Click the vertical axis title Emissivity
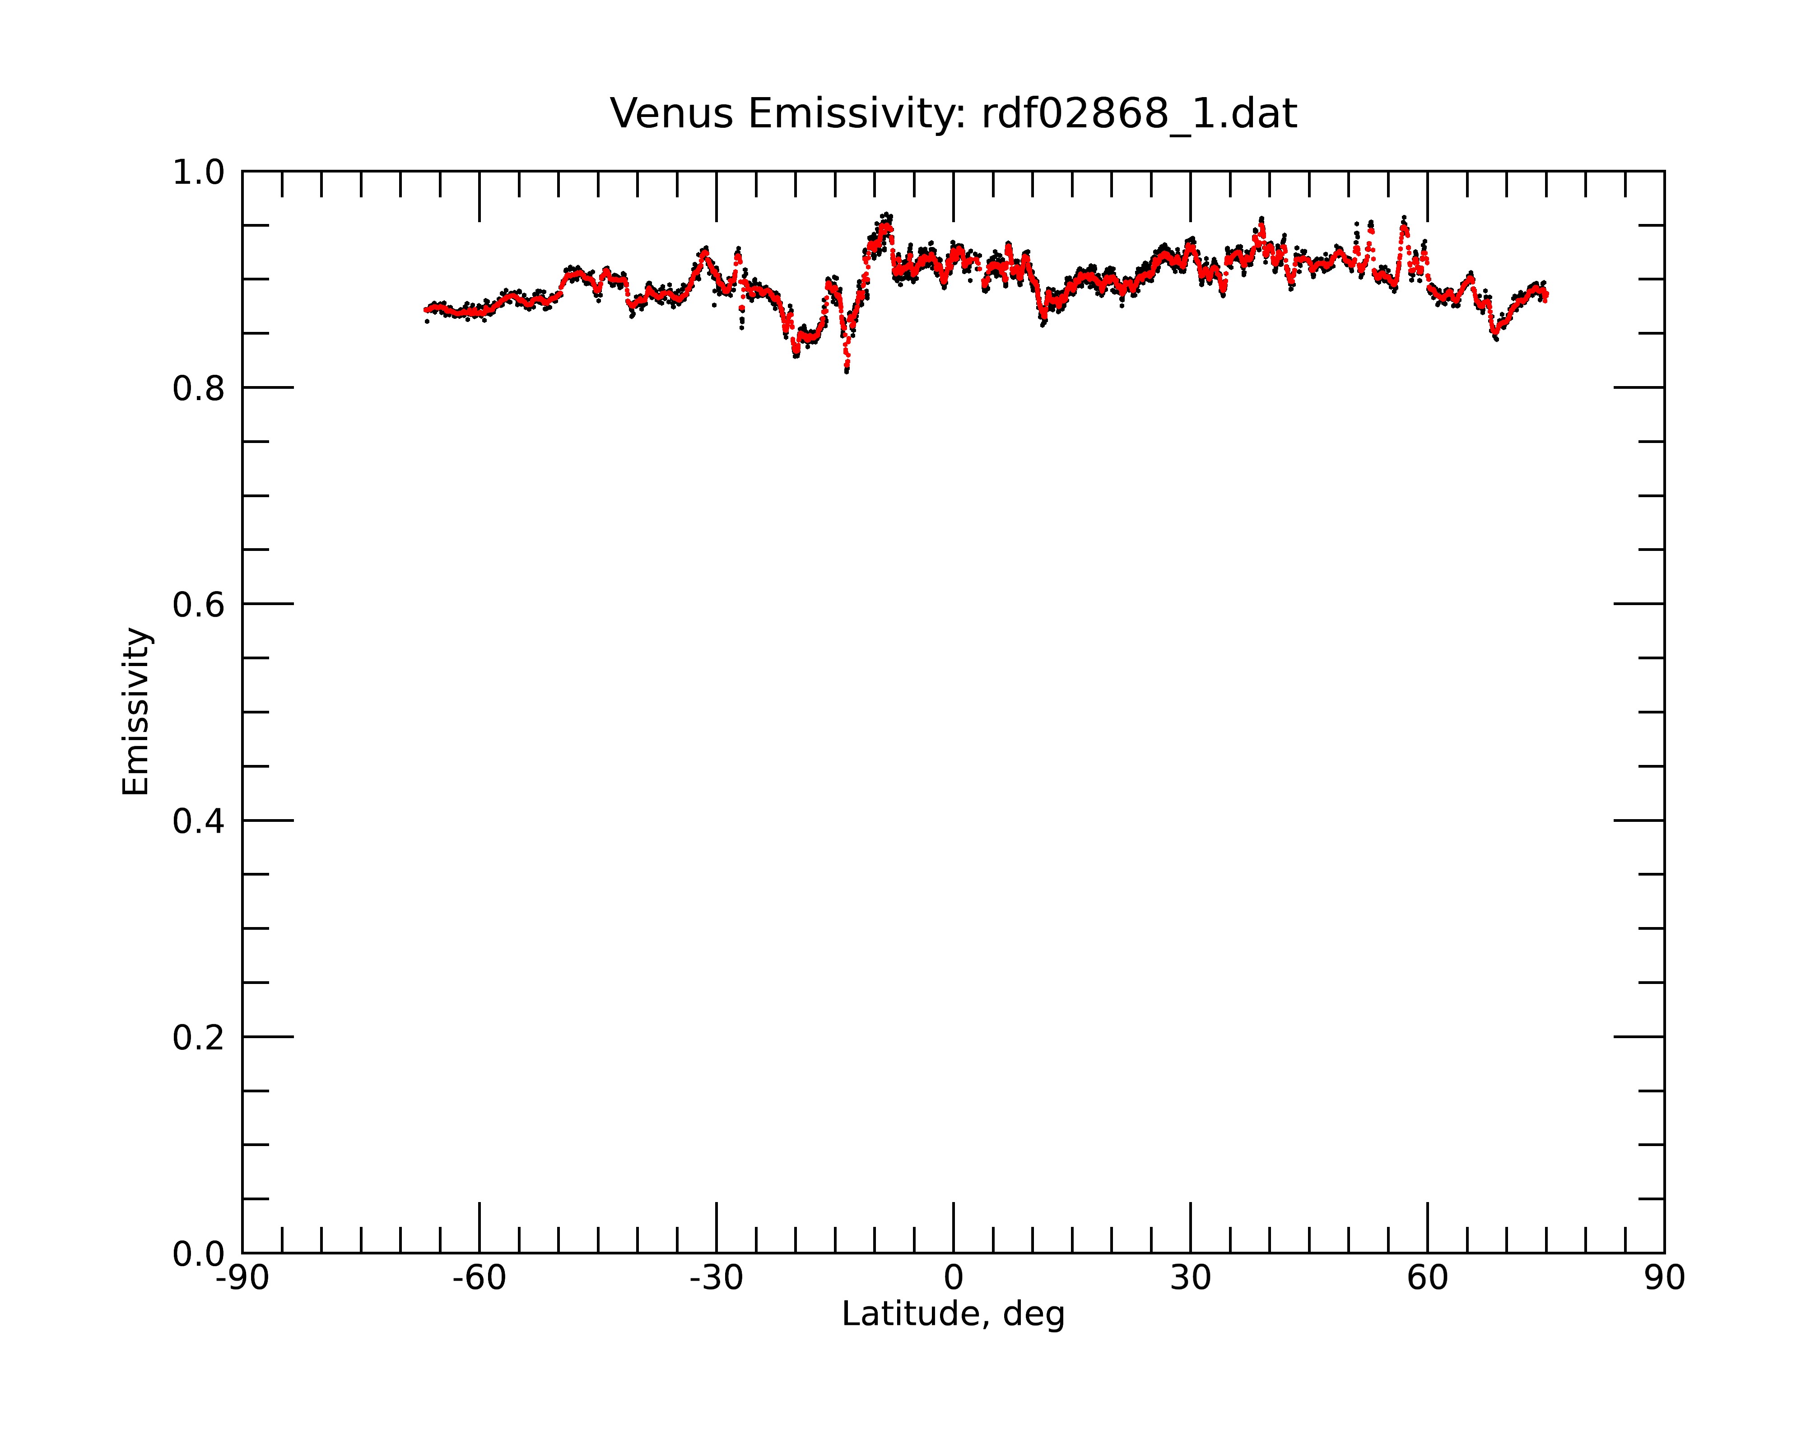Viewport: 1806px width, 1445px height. (x=136, y=711)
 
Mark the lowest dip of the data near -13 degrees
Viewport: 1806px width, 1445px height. (x=847, y=371)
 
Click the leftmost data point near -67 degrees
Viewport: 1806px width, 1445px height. (x=426, y=321)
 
